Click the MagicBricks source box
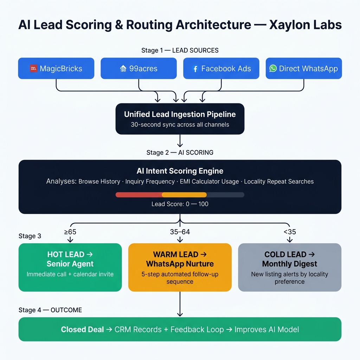56,68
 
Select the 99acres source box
139,68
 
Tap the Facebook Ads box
221,68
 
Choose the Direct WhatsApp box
304,68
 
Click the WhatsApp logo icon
273,69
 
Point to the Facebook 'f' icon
195,69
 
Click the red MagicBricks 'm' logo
34,69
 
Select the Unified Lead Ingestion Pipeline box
180,118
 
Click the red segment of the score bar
139,195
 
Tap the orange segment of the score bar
184,195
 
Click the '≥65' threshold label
70,232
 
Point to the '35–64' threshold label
180,232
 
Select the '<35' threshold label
290,232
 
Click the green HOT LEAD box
70,267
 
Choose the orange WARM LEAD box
180,267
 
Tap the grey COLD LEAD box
290,267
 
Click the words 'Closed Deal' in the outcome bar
82,329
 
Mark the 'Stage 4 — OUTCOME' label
50,310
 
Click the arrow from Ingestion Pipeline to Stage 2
180,141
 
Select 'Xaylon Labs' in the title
306,25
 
